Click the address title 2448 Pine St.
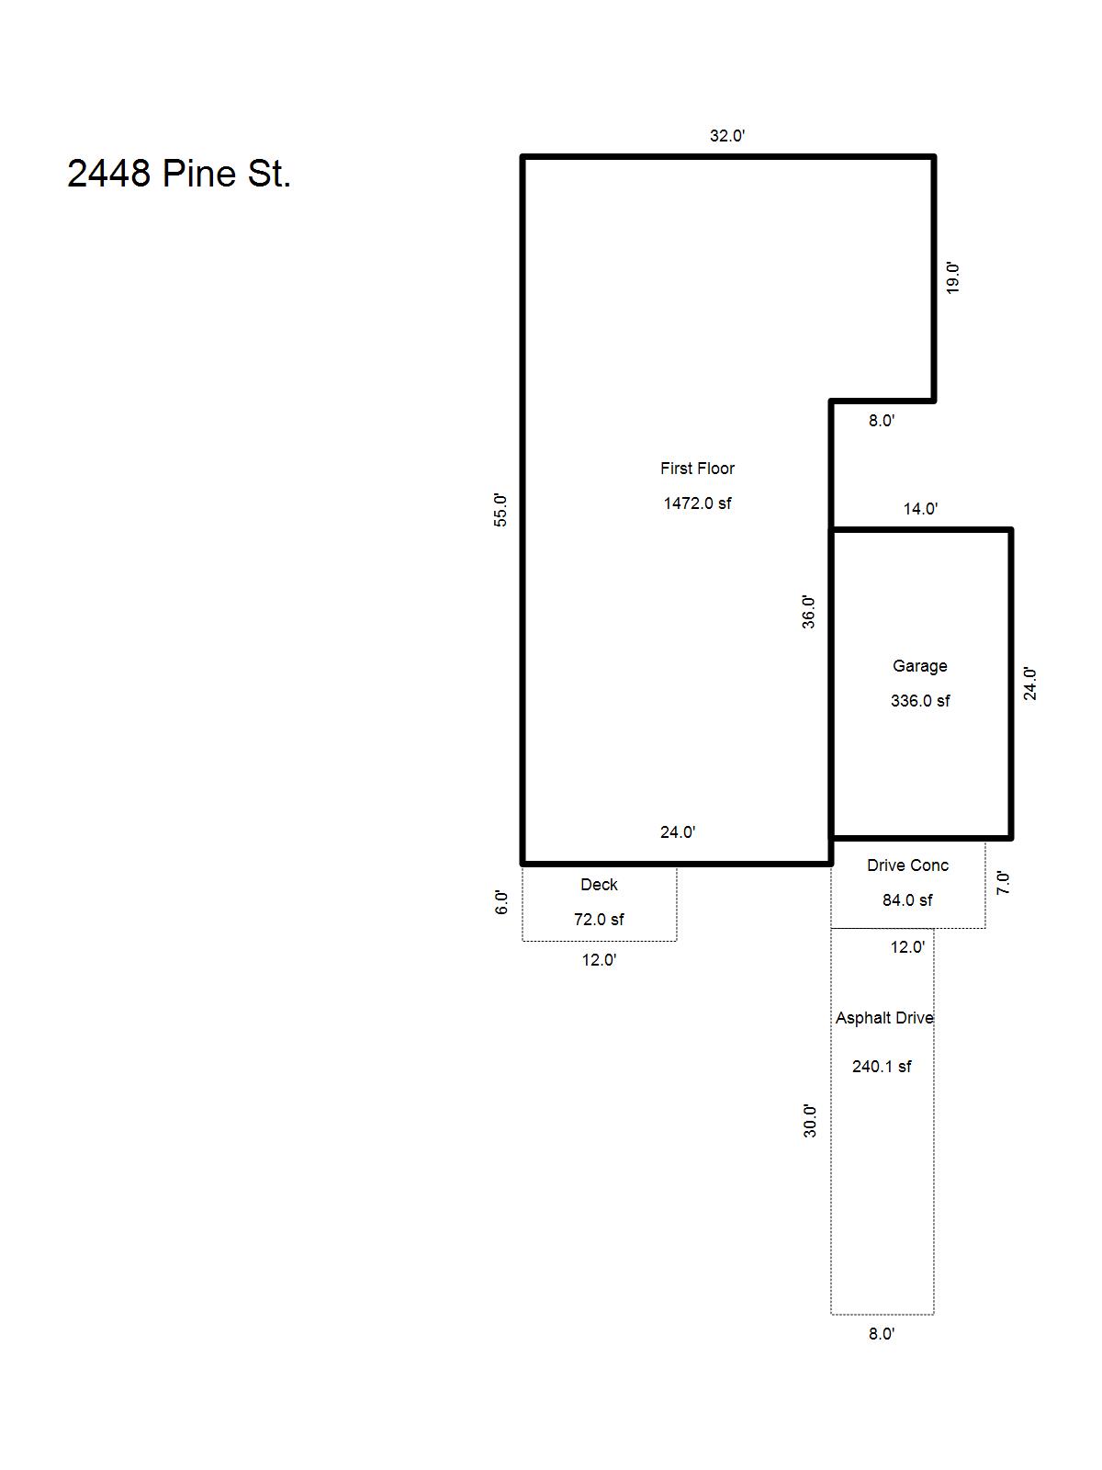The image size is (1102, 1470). pos(179,174)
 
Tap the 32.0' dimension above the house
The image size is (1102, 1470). pos(727,136)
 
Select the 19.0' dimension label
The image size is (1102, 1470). pos(953,278)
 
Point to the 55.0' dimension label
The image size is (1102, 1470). pos(500,510)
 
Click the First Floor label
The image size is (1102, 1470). pos(697,469)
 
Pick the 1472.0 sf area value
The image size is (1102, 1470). pos(697,503)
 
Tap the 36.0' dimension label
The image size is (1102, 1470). pos(808,612)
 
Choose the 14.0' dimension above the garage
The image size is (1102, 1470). pos(921,509)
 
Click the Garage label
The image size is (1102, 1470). pos(920,666)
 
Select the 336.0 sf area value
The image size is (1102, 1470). pos(920,700)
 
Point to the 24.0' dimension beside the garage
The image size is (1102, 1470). pos(1029,684)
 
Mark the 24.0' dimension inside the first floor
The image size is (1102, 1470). pos(678,831)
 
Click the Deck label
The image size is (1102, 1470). pos(599,885)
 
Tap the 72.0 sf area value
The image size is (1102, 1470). pos(599,920)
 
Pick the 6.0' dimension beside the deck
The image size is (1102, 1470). pos(501,902)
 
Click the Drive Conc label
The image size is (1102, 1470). pos(908,865)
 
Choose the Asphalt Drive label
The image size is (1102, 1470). pos(884,1018)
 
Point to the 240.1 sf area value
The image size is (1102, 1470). pos(882,1066)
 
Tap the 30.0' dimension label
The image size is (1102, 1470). pos(810,1121)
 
